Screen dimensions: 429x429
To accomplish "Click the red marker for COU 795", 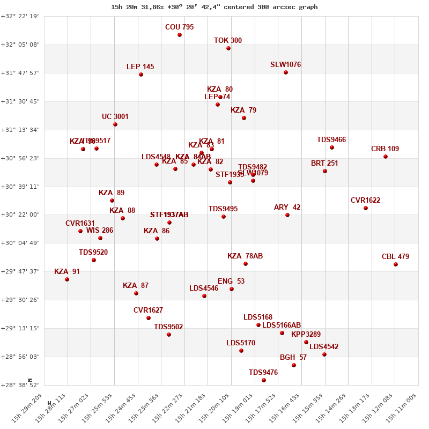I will point(180,35).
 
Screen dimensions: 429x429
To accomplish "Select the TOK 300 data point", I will point(228,48).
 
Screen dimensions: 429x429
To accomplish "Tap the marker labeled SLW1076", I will point(286,72).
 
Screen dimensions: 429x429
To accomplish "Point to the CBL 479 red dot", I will point(396,264).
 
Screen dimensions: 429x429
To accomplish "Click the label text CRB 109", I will point(385,149).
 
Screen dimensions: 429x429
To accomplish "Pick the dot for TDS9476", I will point(264,380).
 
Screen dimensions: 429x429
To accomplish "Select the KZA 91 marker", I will point(67,279).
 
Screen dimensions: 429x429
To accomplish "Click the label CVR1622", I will point(365,201).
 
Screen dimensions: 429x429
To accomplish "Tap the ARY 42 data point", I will point(287,215).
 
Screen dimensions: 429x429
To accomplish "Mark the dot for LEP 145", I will point(141,75).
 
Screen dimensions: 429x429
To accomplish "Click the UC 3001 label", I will point(115,116).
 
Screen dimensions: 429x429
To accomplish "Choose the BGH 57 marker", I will point(294,365).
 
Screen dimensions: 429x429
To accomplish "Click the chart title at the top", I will point(214,7).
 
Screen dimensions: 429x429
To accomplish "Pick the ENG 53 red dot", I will point(232,289).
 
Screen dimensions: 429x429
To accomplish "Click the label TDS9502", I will point(168,327).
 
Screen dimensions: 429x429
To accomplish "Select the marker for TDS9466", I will point(332,147).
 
